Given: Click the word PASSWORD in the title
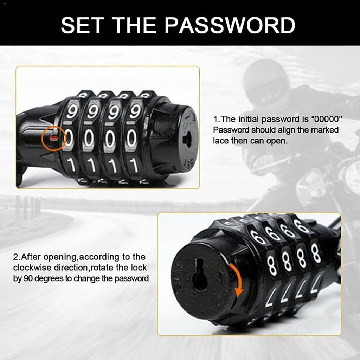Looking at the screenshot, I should pos(230,25).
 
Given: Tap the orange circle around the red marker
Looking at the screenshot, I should pos(53,138).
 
